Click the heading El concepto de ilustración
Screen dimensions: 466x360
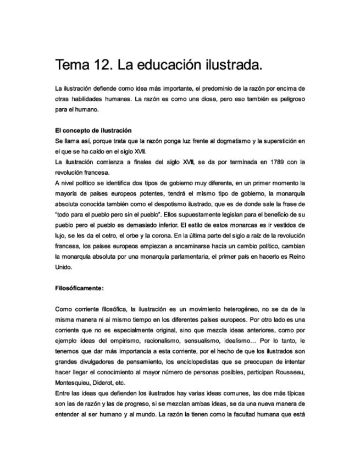[x=93, y=131]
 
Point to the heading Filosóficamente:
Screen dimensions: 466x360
[x=80, y=287]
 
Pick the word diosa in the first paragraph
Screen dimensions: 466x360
[x=211, y=99]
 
